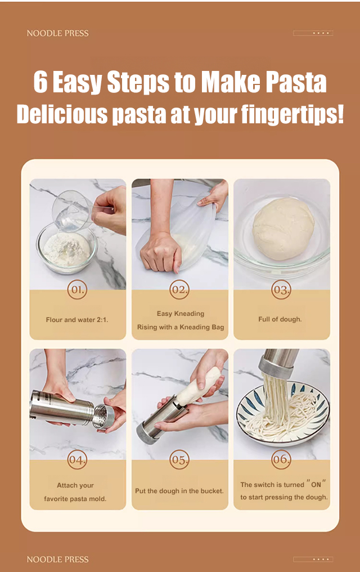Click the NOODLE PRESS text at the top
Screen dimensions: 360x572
57,33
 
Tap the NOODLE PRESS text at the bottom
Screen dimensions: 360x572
57,559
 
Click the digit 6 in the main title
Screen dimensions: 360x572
40,82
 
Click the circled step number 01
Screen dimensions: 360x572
77,289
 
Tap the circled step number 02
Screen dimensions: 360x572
179,289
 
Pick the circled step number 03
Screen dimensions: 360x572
281,289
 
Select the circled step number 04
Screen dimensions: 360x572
77,459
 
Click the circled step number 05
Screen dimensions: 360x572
179,459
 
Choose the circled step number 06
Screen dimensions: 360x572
281,459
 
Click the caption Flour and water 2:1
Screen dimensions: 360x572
77,320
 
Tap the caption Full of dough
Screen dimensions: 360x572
280,319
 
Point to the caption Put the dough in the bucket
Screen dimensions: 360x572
179,491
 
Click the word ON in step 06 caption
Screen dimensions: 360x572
316,484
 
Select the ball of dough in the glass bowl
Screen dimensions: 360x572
283,229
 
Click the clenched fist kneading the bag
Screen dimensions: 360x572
161,252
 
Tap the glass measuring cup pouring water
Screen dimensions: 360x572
72,211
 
